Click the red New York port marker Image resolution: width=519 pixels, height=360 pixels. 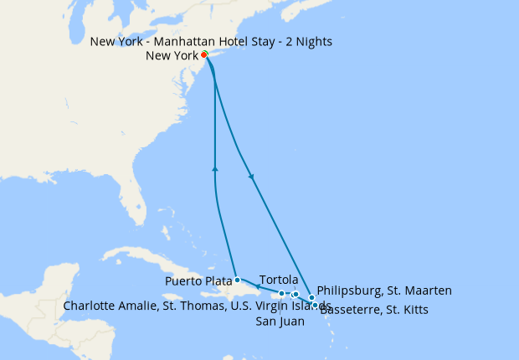pyautogui.click(x=204, y=55)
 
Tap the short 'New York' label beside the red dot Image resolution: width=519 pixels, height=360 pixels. pyautogui.click(x=172, y=56)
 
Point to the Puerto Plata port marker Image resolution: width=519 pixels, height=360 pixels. pyautogui.click(x=238, y=280)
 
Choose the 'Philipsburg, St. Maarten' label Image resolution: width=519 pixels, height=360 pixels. pyautogui.click(x=384, y=291)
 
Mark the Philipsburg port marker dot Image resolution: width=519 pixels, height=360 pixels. pyautogui.click(x=311, y=297)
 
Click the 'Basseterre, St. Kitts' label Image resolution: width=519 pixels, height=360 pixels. pyautogui.click(x=373, y=310)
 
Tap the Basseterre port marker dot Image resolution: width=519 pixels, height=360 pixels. pyautogui.click(x=315, y=306)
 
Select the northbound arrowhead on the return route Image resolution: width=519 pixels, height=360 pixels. pyautogui.click(x=216, y=169)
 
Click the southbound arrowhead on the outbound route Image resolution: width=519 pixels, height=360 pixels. pyautogui.click(x=251, y=176)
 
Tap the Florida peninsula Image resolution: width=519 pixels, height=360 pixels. pyautogui.click(x=134, y=201)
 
